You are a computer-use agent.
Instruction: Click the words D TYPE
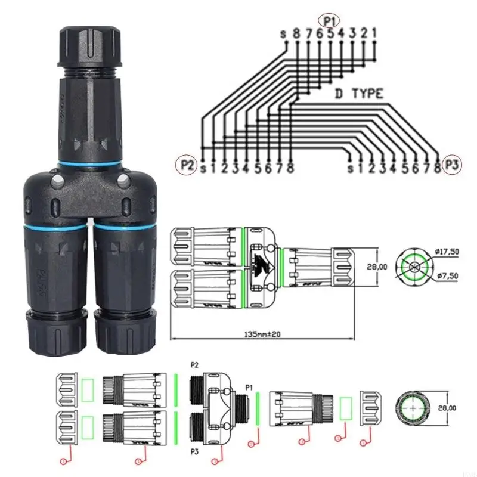tap(358, 94)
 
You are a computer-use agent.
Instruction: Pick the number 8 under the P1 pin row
tap(296, 34)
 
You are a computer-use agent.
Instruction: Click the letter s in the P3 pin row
tap(351, 169)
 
